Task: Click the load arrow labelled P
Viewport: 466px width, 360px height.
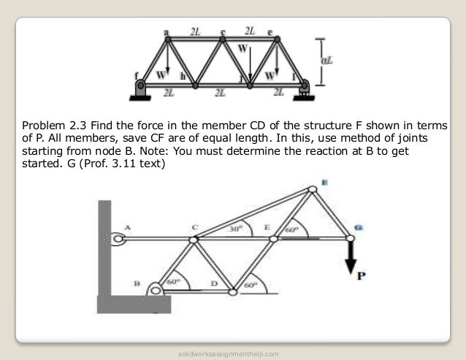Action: (349, 253)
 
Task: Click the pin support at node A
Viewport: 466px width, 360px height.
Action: (118, 237)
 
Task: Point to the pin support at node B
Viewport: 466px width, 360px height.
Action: (155, 289)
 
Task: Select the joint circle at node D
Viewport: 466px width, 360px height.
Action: (233, 292)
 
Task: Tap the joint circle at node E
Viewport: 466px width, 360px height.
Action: (272, 238)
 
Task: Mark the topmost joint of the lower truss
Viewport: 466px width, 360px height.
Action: (312, 190)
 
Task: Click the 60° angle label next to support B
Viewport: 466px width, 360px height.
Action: (172, 281)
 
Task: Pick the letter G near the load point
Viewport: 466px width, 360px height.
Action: (358, 227)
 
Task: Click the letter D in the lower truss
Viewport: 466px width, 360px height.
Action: (213, 282)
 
